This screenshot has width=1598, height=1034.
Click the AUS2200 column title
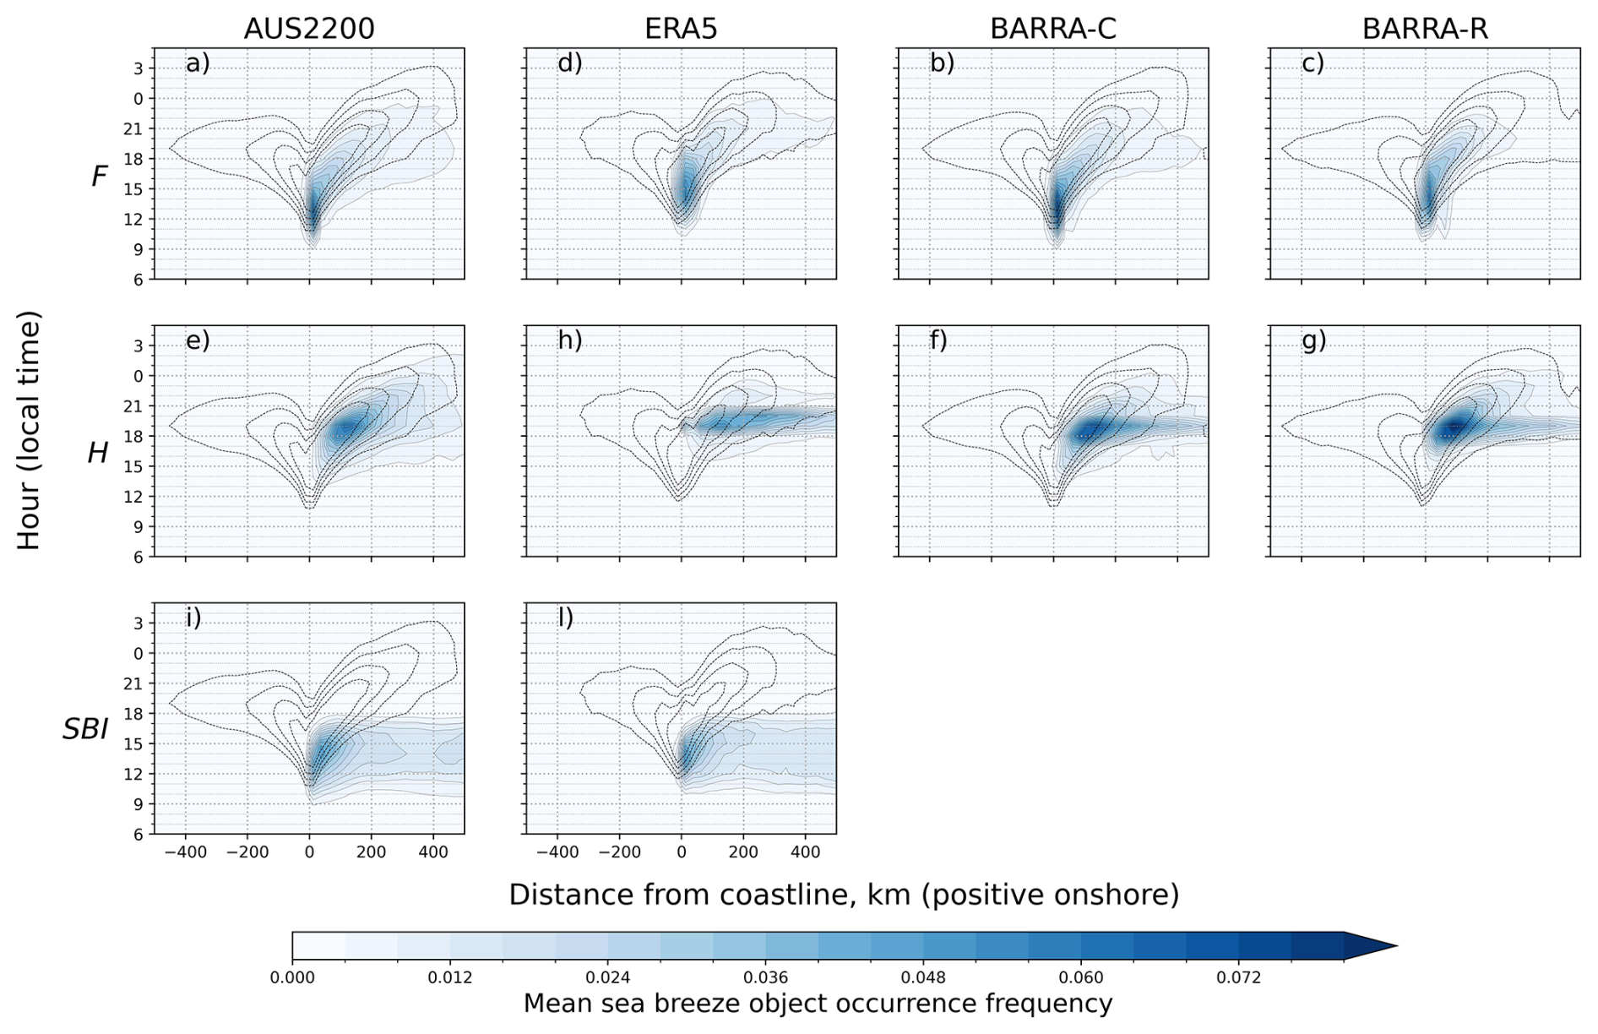[x=308, y=29]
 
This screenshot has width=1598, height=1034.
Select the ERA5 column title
[x=681, y=29]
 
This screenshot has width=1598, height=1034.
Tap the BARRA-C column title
[x=1052, y=29]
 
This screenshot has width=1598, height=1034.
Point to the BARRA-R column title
[x=1425, y=29]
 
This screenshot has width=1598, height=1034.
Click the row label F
[x=100, y=176]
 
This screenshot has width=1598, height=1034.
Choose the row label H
[x=98, y=454]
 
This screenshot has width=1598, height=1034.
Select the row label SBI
[x=85, y=729]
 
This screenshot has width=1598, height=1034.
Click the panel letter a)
[x=198, y=63]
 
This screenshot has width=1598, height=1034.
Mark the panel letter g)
[x=1313, y=340]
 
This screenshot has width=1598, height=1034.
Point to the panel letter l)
[x=566, y=618]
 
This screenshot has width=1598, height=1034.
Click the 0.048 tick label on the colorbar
[x=923, y=977]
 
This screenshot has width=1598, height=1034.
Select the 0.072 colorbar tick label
[x=1238, y=977]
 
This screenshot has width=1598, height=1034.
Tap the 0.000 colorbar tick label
[x=292, y=977]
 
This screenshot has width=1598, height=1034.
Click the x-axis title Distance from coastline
[x=843, y=894]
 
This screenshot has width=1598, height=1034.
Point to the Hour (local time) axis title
[x=29, y=431]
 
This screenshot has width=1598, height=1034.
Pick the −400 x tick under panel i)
[x=186, y=852]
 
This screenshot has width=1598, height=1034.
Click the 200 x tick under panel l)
[x=743, y=852]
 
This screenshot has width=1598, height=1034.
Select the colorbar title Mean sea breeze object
[x=818, y=1004]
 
